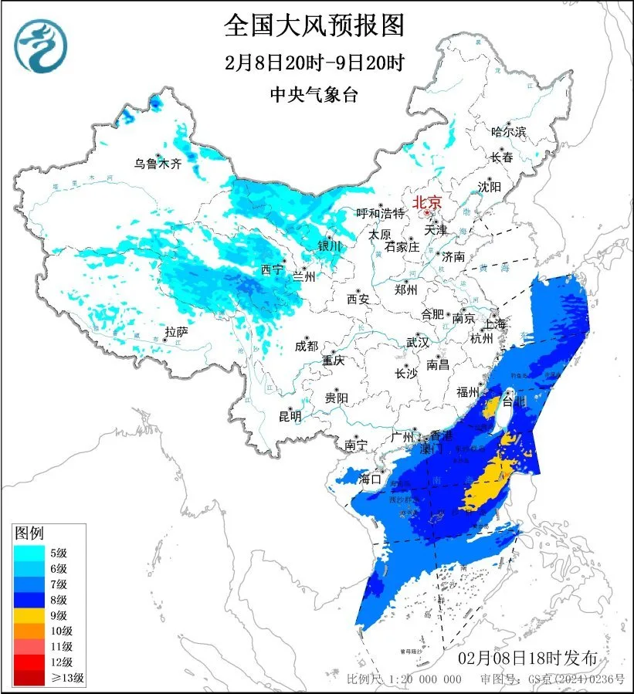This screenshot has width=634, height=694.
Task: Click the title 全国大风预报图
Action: click(314, 25)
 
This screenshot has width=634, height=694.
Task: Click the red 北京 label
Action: click(427, 202)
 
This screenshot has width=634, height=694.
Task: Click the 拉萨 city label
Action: click(176, 332)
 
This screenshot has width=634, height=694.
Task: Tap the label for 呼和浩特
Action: click(380, 212)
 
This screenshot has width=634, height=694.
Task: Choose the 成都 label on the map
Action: click(306, 346)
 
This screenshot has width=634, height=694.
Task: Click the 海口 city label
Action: click(370, 479)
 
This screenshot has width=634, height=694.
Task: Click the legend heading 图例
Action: click(30, 533)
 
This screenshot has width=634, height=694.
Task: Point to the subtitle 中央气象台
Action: click(314, 94)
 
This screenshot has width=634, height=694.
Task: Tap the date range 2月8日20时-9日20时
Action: click(314, 63)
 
